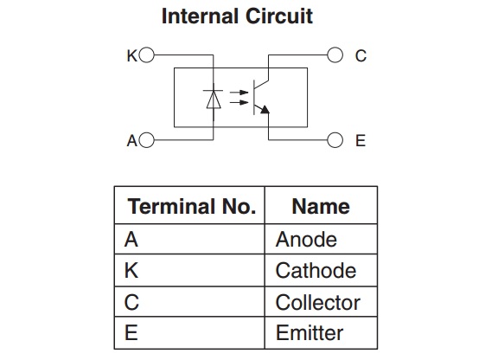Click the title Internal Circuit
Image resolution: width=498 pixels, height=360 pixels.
pyautogui.click(x=237, y=16)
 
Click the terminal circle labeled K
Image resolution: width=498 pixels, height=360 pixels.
pyautogui.click(x=146, y=55)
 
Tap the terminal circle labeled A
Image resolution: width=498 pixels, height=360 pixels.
pyautogui.click(x=146, y=140)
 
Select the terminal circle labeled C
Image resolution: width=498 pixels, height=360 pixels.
pyautogui.click(x=335, y=55)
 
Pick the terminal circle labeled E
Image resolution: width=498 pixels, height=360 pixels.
pyautogui.click(x=335, y=140)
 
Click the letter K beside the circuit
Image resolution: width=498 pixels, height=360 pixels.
pyautogui.click(x=131, y=55)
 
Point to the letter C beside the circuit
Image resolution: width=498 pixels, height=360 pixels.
pyautogui.click(x=361, y=55)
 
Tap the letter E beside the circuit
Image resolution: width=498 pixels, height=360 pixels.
pyautogui.click(x=361, y=140)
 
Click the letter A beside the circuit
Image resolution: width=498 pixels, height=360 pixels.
pyautogui.click(x=132, y=140)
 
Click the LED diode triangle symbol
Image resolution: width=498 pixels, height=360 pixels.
pyautogui.click(x=214, y=100)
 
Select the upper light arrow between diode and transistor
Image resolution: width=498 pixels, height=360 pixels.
pyautogui.click(x=239, y=93)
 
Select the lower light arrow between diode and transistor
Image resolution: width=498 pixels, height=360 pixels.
pyautogui.click(x=239, y=102)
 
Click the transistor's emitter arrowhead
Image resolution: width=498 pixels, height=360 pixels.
pyautogui.click(x=265, y=110)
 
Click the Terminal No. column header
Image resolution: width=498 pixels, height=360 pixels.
pyautogui.click(x=192, y=207)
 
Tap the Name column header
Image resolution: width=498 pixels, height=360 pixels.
pyautogui.click(x=321, y=207)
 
